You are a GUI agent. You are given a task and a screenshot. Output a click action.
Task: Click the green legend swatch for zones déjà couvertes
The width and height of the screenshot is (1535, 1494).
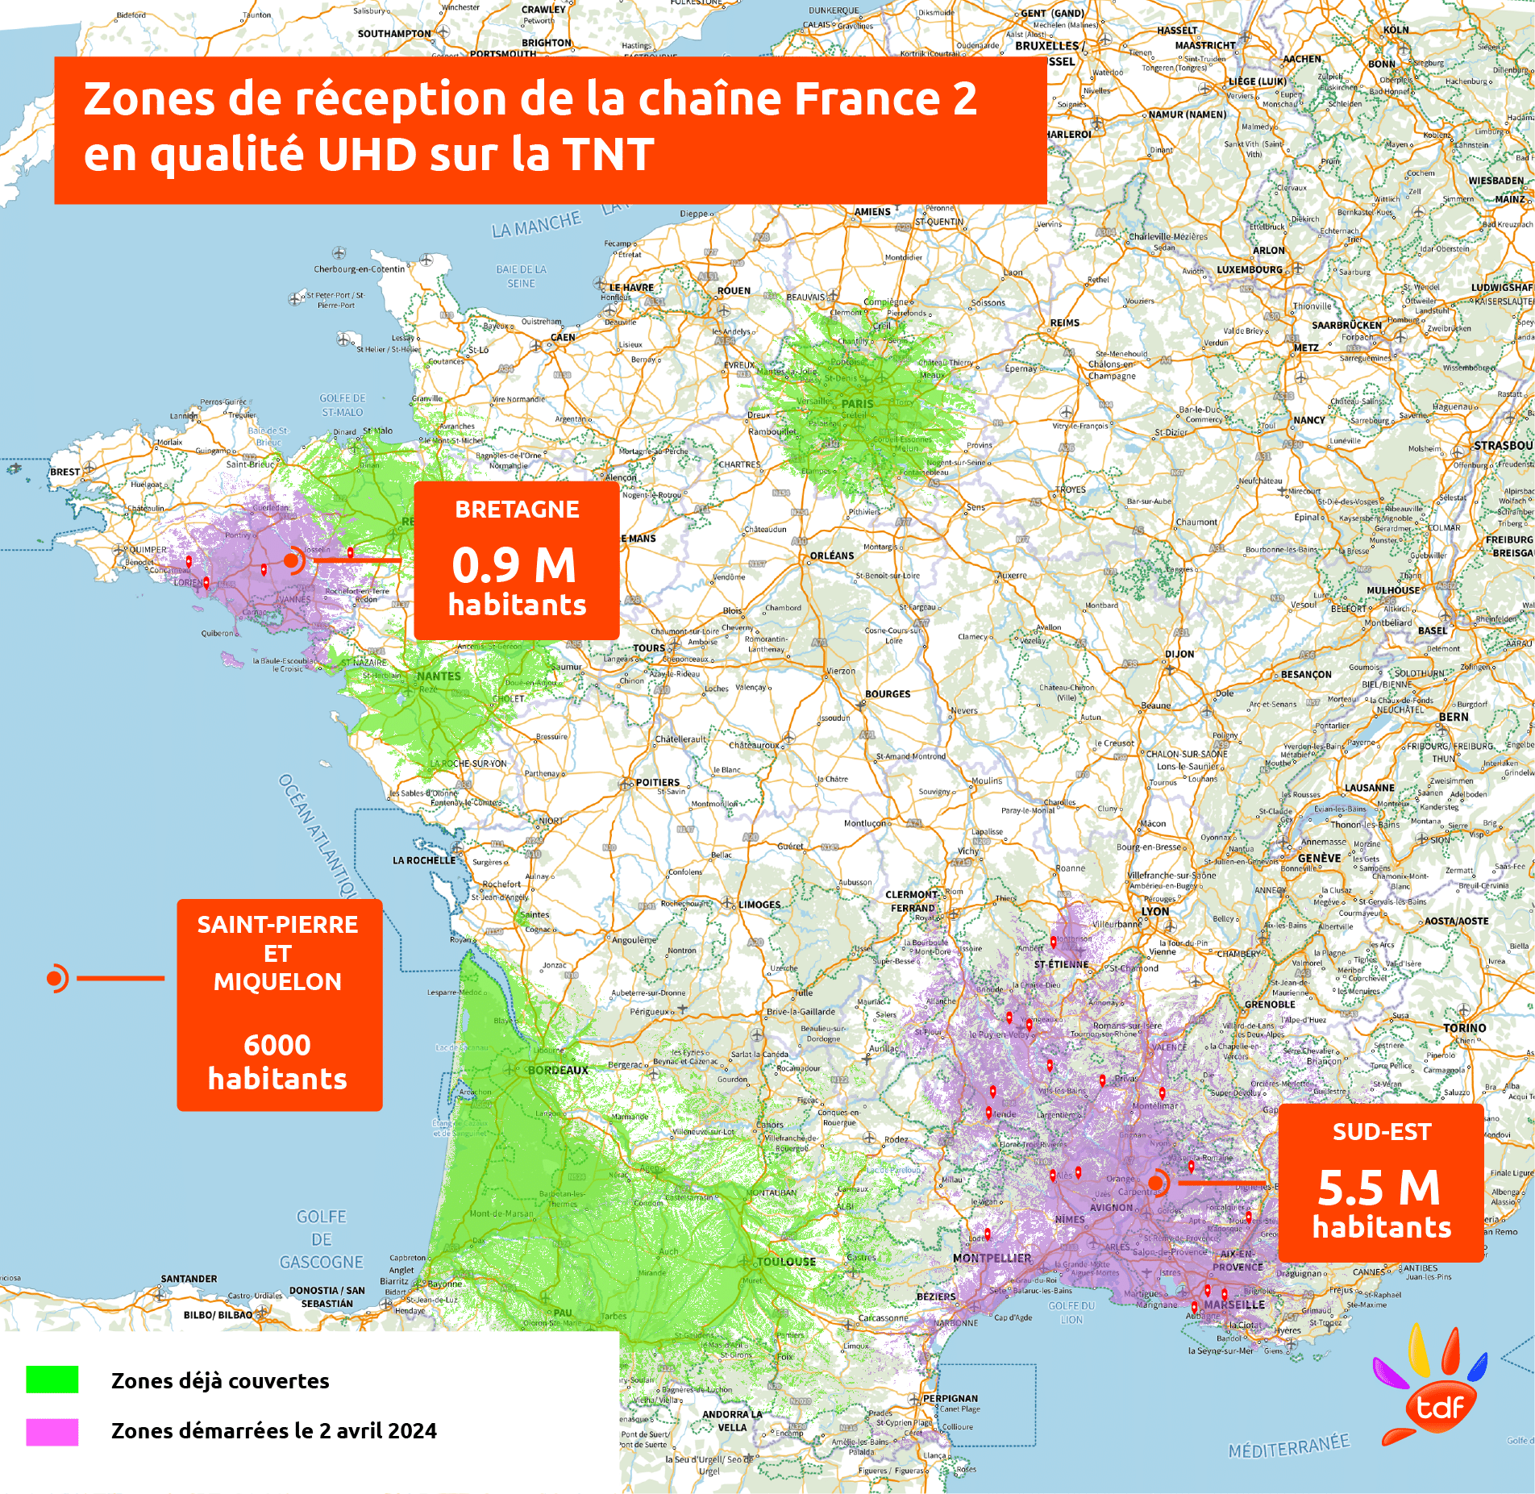[52, 1380]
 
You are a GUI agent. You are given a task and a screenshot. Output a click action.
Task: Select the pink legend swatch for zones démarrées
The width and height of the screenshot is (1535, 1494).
[52, 1431]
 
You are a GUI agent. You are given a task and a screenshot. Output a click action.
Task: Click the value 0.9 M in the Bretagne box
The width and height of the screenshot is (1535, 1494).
[514, 564]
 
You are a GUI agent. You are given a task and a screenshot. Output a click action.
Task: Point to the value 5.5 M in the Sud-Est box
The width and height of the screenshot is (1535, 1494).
[1379, 1187]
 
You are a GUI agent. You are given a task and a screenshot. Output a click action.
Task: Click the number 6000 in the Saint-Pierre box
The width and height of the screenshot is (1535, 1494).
[277, 1045]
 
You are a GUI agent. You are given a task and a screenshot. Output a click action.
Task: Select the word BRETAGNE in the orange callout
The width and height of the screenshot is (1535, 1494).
[517, 510]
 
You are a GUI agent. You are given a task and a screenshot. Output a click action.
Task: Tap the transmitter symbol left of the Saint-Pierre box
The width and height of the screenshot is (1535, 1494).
[56, 979]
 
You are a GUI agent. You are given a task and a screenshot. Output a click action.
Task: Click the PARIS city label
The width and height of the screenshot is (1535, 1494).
[857, 404]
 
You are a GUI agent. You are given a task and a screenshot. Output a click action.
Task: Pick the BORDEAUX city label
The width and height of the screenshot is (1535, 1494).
[558, 1070]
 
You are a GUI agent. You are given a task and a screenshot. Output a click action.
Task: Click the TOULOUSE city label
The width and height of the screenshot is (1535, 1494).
[786, 1261]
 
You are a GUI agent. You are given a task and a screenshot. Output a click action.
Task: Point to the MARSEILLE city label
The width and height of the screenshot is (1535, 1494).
[1234, 1305]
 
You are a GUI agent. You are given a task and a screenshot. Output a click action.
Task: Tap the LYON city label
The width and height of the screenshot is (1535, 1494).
[1154, 911]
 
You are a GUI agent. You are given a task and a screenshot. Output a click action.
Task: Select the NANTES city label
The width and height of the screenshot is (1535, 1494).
[439, 676]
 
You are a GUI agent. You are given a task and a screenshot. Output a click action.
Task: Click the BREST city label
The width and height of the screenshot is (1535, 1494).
[65, 472]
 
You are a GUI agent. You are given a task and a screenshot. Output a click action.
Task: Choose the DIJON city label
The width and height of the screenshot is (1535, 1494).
[1179, 654]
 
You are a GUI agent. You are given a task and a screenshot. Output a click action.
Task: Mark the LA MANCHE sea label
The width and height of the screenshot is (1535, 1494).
[536, 225]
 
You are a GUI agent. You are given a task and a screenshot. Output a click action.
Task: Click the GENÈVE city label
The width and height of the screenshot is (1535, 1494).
[1319, 858]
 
